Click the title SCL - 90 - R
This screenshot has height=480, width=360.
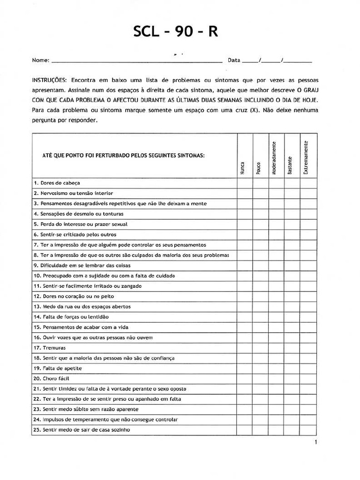tap(175, 32)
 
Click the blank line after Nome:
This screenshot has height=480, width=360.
tap(136, 60)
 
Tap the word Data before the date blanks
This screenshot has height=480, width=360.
tap(234, 60)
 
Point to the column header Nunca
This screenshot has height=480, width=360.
tap(242, 168)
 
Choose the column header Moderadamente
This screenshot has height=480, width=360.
tap(274, 157)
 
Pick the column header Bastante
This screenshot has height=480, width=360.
tap(290, 165)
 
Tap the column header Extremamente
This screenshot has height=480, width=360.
tap(306, 157)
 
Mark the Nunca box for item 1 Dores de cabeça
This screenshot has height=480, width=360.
tap(245, 183)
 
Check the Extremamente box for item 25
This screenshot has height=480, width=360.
tap(308, 430)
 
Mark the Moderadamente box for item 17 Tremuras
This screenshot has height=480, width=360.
tap(276, 348)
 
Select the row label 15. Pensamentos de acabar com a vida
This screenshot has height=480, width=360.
tap(80, 327)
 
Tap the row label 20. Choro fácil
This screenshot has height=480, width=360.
tap(51, 378)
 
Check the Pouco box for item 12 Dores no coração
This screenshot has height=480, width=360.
tap(261, 296)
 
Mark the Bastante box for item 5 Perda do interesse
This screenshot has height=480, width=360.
tap(292, 224)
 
